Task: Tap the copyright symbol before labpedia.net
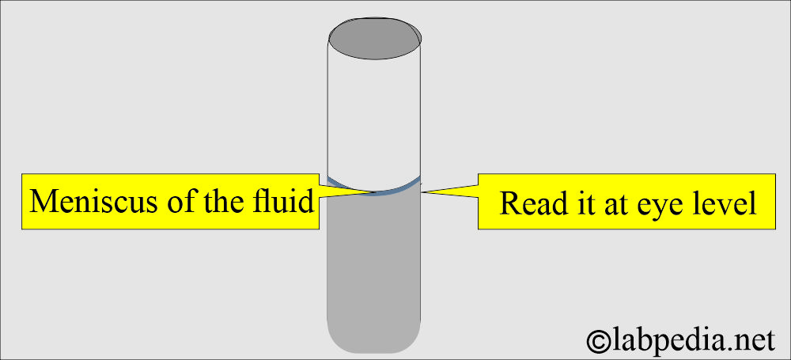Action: (x=598, y=341)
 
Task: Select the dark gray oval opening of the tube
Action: (x=375, y=38)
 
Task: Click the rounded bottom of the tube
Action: (x=374, y=339)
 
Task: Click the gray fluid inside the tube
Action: (x=374, y=263)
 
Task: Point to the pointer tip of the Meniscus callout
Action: (x=375, y=191)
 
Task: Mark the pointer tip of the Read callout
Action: (x=422, y=191)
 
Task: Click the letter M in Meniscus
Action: (x=42, y=202)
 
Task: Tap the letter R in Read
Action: (x=509, y=203)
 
